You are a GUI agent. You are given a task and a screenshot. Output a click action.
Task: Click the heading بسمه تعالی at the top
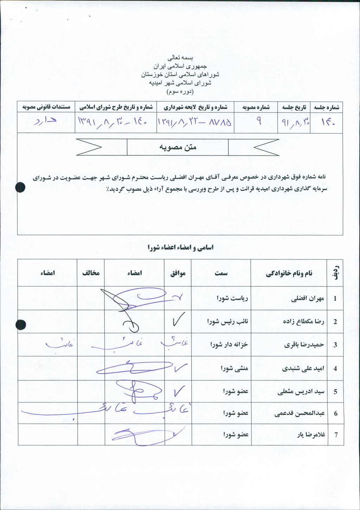click(180, 57)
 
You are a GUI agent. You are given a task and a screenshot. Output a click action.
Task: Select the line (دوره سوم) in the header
click(180, 92)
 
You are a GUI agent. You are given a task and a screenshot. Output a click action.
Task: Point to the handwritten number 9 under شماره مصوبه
click(258, 122)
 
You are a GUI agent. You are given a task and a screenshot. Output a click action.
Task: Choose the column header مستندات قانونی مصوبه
click(46, 107)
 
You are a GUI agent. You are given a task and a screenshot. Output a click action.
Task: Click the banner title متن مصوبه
click(178, 147)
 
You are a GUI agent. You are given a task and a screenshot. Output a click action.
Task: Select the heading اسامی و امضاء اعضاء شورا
click(180, 247)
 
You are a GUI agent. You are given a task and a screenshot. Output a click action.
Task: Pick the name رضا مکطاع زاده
click(303, 322)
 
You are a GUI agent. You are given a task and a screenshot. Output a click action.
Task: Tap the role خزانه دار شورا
click(229, 345)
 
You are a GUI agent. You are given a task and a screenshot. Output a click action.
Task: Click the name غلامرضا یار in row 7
click(311, 435)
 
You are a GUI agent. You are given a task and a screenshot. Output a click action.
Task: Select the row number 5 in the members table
click(335, 392)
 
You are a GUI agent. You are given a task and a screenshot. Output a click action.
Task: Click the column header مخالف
click(91, 273)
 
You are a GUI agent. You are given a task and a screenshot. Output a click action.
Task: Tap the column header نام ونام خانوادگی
click(289, 273)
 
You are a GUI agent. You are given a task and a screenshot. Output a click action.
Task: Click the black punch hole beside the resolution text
click(21, 188)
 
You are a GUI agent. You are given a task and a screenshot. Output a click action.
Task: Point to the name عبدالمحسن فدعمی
click(300, 413)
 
